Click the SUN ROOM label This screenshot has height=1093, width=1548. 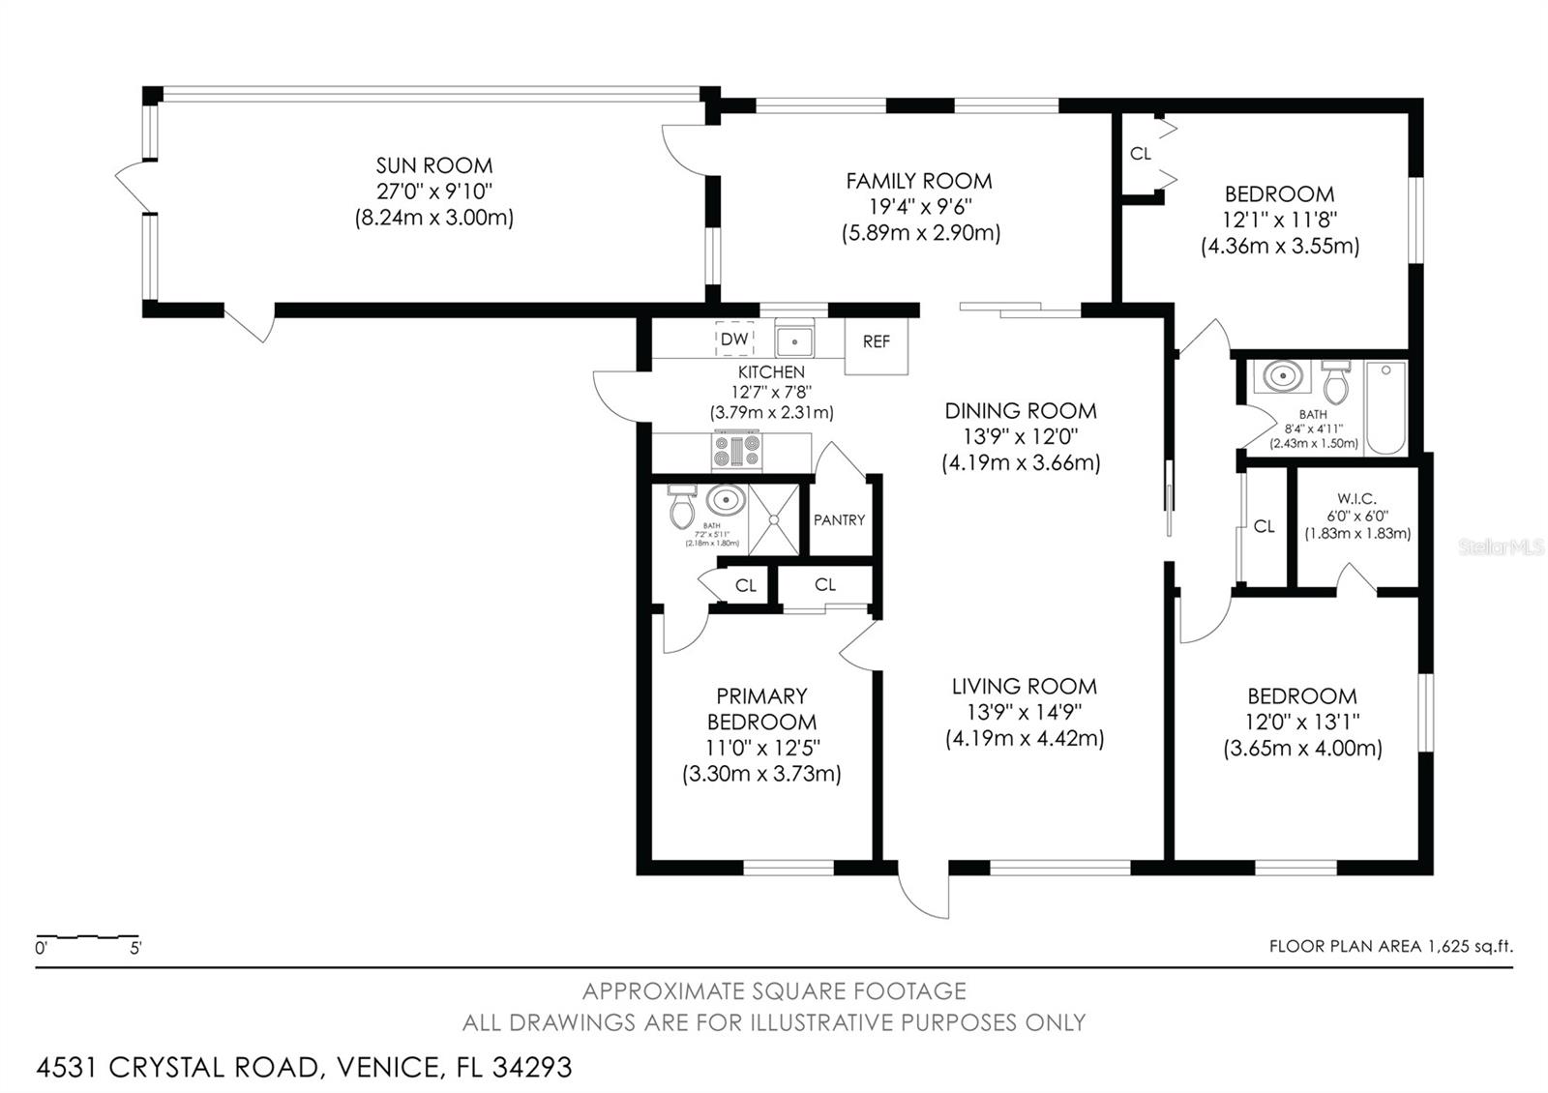coord(433,165)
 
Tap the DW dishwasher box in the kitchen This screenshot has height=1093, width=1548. coord(734,340)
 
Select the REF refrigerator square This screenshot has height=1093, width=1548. coord(877,342)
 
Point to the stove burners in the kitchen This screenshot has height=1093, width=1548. coord(737,451)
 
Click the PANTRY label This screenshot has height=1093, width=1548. coord(839,520)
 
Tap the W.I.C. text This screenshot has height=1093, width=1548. coord(1356,499)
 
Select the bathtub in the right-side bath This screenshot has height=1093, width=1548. coord(1385,407)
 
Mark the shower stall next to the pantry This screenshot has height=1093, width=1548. coord(775,520)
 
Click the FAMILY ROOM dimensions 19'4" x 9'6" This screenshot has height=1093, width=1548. coord(920,207)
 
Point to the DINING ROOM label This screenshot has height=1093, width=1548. coord(1021,411)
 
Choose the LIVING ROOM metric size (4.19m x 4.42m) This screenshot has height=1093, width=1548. coord(1025,739)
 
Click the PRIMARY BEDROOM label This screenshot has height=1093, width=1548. coord(761,709)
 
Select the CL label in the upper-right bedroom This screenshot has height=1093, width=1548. coord(1141,154)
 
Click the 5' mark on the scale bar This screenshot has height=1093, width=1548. coord(135,949)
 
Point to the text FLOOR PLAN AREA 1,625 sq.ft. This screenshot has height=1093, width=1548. coord(1390,947)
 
